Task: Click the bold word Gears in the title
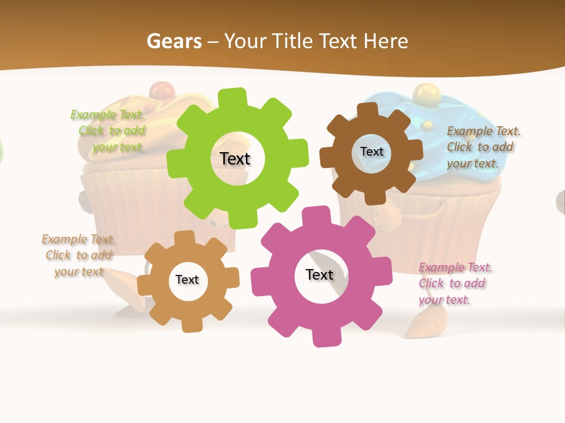coord(174,41)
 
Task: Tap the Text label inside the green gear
coord(235,159)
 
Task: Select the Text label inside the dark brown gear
coord(372,152)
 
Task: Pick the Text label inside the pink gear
coord(320,274)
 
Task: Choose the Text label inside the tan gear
coord(187,280)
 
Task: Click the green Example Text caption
coord(109,130)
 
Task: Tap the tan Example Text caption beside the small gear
coord(78,255)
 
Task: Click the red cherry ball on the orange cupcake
coord(158,90)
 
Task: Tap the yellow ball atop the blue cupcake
coord(423,92)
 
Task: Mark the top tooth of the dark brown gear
coord(368,110)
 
